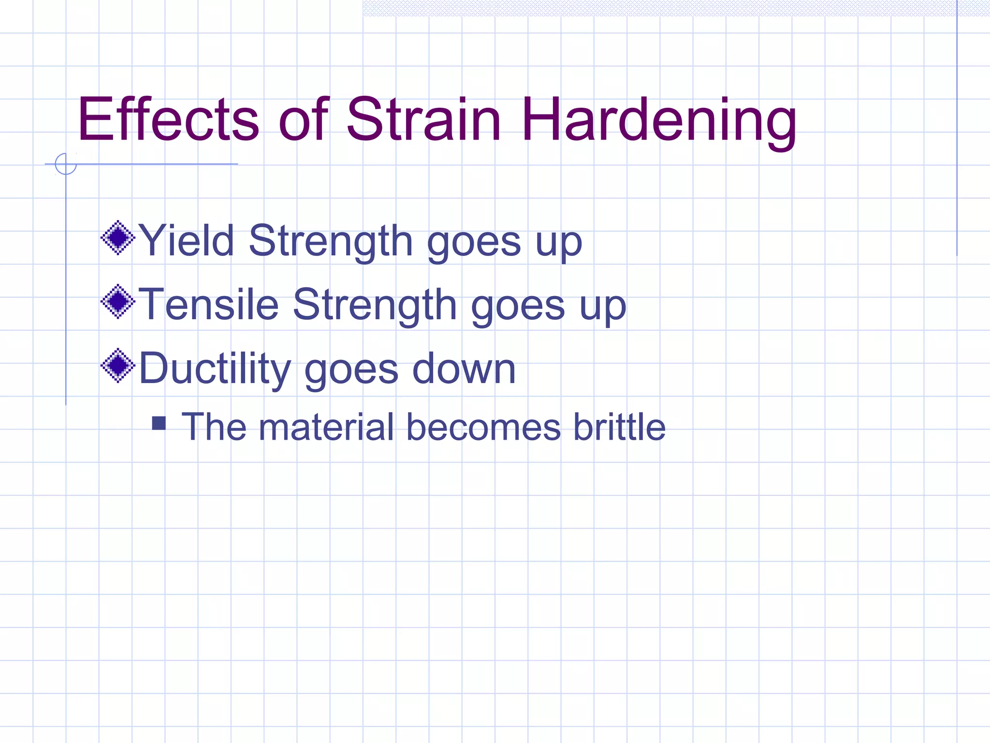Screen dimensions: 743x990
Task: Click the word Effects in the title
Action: (x=168, y=119)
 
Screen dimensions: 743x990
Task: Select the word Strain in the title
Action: (x=423, y=119)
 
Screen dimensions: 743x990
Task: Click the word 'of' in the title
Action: (x=304, y=119)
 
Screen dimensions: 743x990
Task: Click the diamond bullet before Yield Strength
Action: (x=118, y=238)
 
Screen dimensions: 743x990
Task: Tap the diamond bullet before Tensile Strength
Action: (x=118, y=301)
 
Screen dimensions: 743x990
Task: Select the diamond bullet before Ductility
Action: (x=118, y=365)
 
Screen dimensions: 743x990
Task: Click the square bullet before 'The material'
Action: (x=159, y=423)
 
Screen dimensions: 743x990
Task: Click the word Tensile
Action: (x=208, y=304)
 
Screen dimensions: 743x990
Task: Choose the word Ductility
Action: (x=215, y=369)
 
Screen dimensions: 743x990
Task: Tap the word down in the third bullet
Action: (x=464, y=369)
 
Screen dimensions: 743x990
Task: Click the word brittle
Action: (x=619, y=427)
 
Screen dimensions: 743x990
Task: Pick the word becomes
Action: (x=483, y=427)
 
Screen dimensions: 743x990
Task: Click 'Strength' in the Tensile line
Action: (x=375, y=304)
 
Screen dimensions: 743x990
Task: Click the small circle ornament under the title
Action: (x=66, y=164)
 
